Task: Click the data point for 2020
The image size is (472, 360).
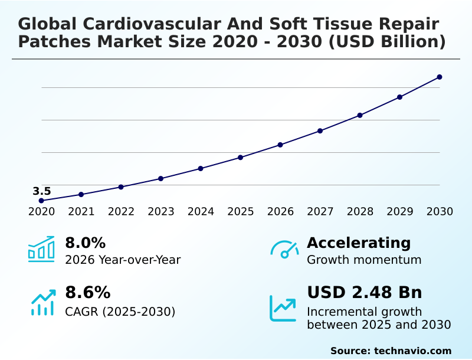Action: [x=41, y=201]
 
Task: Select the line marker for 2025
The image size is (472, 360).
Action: [x=241, y=158]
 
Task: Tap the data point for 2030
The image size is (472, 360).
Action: [x=440, y=77]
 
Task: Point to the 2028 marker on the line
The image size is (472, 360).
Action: [x=360, y=115]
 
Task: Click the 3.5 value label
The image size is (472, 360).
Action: [x=42, y=191]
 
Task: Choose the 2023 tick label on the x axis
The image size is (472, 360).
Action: [x=161, y=212]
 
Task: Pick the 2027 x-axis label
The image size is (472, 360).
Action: [x=320, y=212]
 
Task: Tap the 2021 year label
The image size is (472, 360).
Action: [x=81, y=212]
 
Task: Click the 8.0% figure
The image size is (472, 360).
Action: [x=85, y=243]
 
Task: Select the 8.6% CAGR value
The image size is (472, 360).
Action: [x=87, y=293]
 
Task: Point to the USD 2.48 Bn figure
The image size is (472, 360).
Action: [x=365, y=293]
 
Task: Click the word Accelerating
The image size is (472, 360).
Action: [x=359, y=243]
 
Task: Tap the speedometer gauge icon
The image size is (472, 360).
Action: [x=284, y=250]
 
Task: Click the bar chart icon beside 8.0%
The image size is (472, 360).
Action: [x=41, y=249]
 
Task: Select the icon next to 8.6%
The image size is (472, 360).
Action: [x=42, y=302]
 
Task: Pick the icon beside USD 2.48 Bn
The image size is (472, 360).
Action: [x=283, y=307]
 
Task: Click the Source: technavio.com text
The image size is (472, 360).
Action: [x=391, y=351]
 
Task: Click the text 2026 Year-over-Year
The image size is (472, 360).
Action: [x=123, y=260]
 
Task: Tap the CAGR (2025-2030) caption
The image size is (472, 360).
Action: [x=120, y=311]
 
